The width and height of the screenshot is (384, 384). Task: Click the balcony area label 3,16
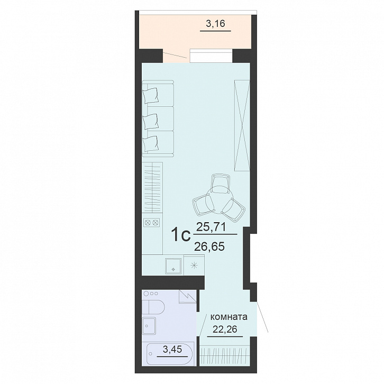(215, 24)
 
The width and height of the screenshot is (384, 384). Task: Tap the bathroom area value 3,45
(172, 349)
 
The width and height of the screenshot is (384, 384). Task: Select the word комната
(229, 317)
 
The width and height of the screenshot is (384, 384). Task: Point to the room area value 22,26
(225, 329)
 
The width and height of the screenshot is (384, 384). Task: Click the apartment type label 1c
(181, 235)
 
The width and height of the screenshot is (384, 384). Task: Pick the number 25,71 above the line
(211, 228)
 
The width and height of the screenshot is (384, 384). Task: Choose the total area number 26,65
(209, 246)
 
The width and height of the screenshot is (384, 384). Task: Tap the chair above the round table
(221, 183)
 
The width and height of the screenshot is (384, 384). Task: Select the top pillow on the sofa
(151, 96)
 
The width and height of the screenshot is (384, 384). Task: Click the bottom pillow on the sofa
(150, 143)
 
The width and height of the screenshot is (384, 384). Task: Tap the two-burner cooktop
(152, 223)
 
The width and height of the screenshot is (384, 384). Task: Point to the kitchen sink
(173, 266)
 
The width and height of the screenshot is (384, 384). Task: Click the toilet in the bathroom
(153, 307)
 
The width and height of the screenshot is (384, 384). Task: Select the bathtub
(170, 354)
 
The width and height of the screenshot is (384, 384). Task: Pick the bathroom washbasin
(149, 325)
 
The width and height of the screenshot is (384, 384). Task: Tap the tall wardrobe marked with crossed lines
(242, 125)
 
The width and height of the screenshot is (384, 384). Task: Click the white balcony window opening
(211, 56)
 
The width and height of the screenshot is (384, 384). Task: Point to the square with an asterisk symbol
(194, 265)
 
